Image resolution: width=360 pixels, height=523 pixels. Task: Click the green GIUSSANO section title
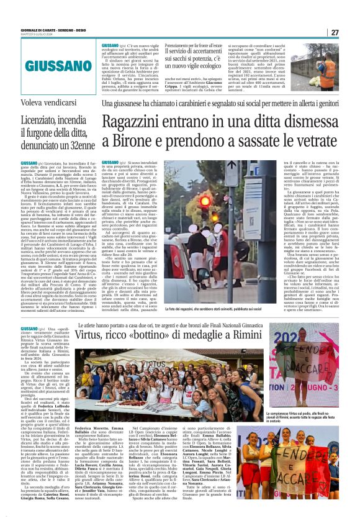pyautogui.click(x=48, y=64)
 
